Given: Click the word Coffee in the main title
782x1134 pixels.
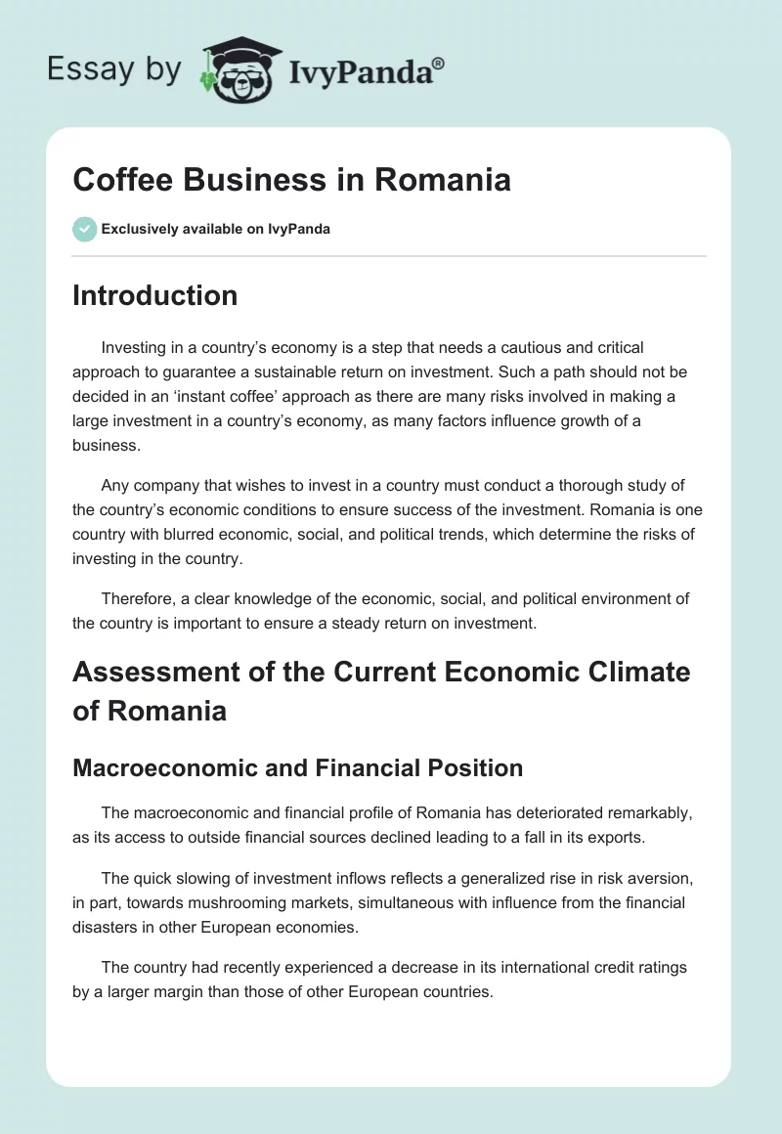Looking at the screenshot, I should point(121,180).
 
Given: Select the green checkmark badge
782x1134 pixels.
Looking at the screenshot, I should point(84,229).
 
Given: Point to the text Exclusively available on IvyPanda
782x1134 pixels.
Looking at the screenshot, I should point(216,230).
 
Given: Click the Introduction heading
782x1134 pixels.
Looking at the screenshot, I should point(154,295).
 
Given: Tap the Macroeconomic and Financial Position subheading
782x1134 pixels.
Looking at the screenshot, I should point(297,768).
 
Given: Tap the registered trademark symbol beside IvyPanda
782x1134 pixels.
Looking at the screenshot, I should point(438,62).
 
